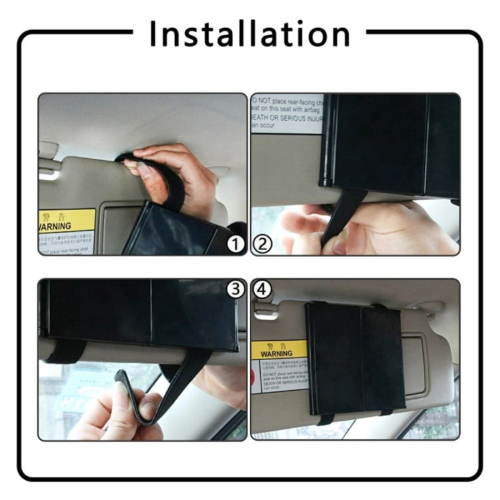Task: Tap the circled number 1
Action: (x=235, y=244)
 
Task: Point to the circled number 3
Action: (x=235, y=289)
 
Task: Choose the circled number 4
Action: (x=262, y=289)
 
